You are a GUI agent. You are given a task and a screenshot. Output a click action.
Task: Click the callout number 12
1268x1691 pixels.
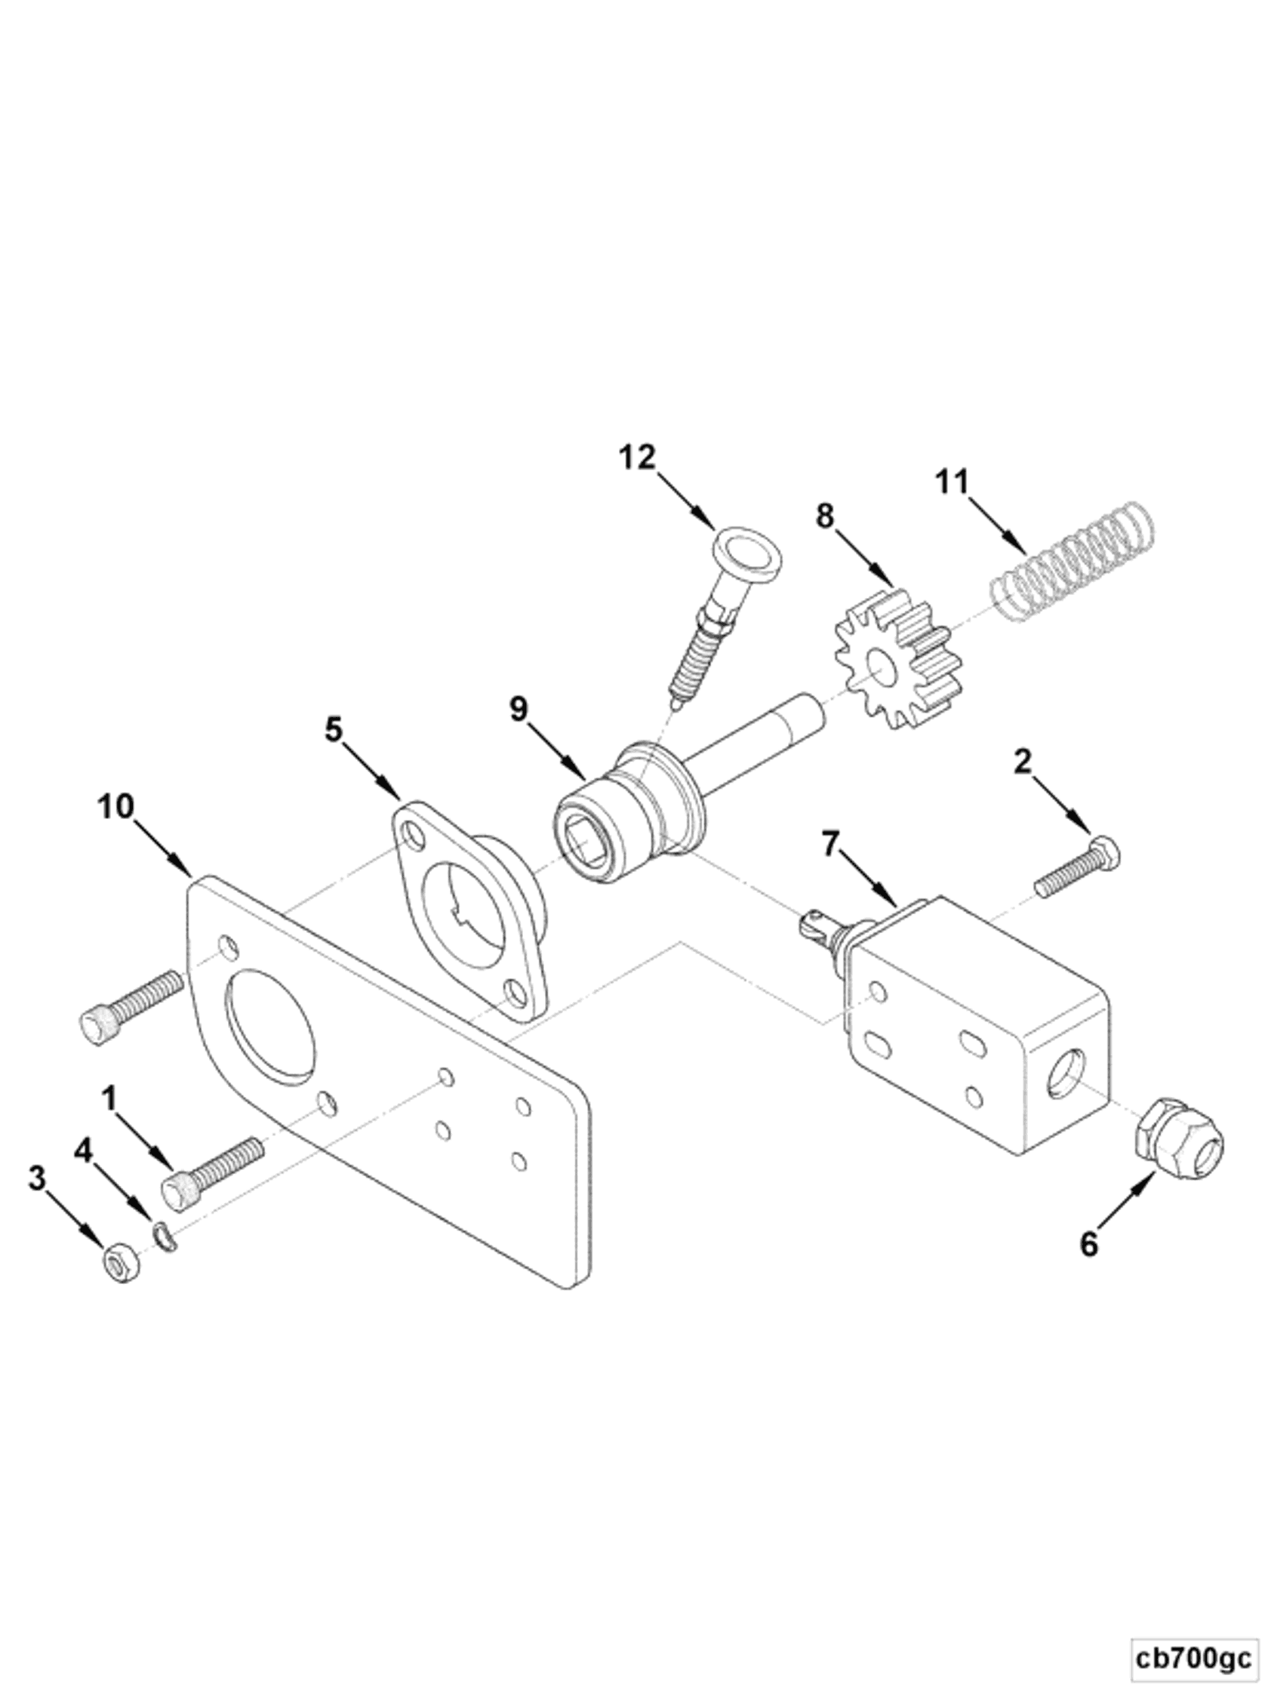pos(638,458)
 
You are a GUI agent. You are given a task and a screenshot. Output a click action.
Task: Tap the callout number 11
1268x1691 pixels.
pos(952,482)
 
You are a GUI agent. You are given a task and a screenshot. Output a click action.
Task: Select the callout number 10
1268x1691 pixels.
pos(116,806)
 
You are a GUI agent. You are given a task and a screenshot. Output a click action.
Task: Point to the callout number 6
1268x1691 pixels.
pos(1088,1245)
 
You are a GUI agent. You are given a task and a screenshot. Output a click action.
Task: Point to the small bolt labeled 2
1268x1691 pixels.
pos(1078,870)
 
